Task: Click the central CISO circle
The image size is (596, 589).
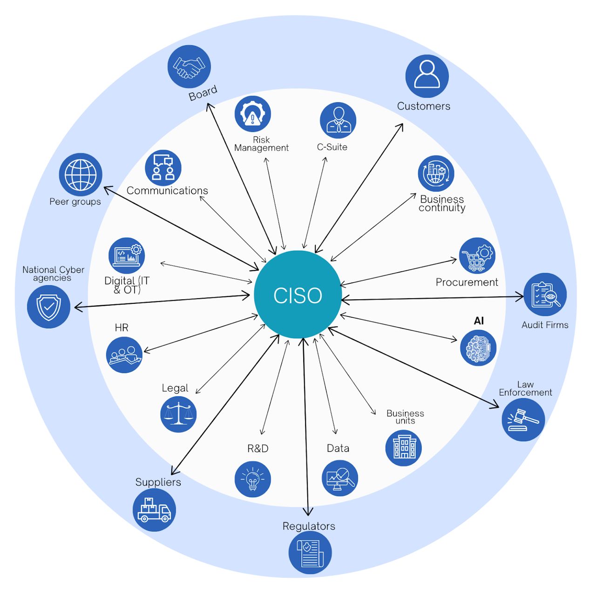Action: (x=298, y=294)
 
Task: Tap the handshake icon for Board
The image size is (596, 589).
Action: (x=189, y=67)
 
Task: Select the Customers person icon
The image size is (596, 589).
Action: (x=427, y=76)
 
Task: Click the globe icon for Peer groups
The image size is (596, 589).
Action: (x=81, y=175)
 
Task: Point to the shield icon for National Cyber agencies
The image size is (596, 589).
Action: (x=49, y=307)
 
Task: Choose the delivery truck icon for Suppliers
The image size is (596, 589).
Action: (x=154, y=510)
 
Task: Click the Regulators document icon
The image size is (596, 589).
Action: (x=310, y=553)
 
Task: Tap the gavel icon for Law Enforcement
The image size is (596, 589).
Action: (x=523, y=419)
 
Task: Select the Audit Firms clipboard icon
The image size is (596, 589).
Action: (x=545, y=294)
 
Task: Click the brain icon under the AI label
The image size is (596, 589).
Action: (x=478, y=348)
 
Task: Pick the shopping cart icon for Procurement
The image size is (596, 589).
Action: (x=477, y=256)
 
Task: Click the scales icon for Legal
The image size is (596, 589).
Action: (x=178, y=414)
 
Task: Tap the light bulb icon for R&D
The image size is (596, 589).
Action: (x=253, y=479)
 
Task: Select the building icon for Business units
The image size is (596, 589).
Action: (x=403, y=448)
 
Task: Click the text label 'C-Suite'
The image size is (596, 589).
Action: (x=332, y=147)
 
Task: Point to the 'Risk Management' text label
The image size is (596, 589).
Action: (x=261, y=144)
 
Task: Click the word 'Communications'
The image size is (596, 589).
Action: (x=167, y=191)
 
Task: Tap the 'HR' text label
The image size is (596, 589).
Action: (x=122, y=328)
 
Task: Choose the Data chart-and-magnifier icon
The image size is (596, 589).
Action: (x=340, y=478)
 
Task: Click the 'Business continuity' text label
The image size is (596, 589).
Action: (x=442, y=203)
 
